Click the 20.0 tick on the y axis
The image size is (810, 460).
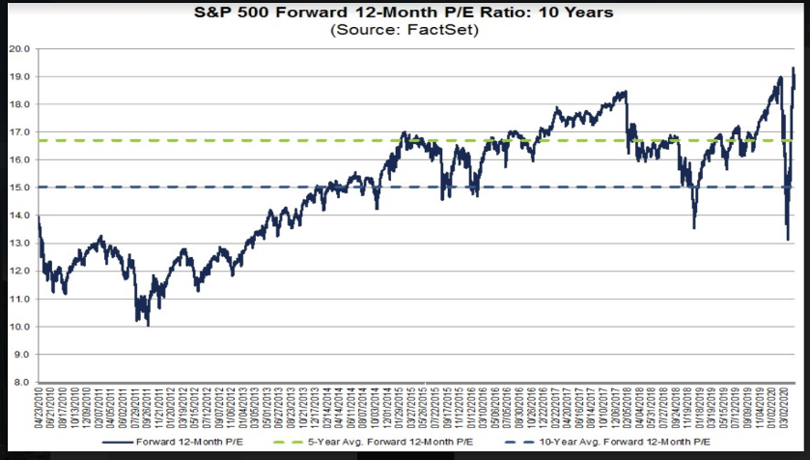click(21, 48)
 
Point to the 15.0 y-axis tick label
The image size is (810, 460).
click(21, 187)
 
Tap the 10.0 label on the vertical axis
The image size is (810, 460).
click(21, 327)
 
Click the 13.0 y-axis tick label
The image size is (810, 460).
click(21, 244)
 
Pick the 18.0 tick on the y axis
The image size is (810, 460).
click(21, 104)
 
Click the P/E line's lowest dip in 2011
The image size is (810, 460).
click(148, 326)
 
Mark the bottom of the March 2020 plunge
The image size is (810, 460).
click(788, 240)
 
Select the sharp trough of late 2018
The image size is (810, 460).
click(694, 228)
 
